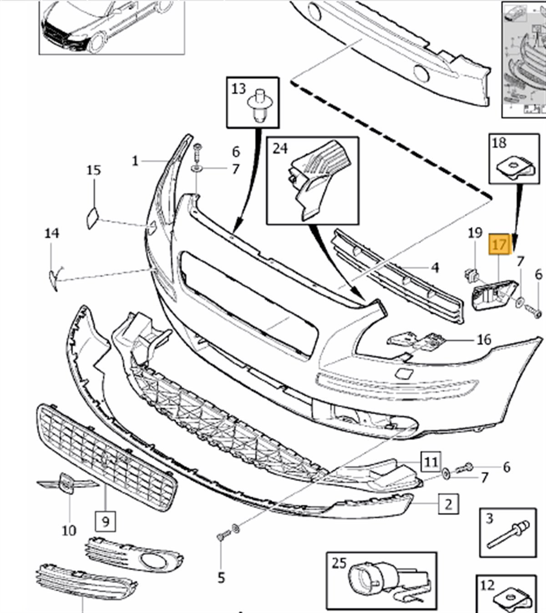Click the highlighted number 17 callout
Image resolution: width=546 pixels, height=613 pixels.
[499, 244]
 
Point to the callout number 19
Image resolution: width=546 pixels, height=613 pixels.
[475, 233]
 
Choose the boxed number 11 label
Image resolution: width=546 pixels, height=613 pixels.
[430, 463]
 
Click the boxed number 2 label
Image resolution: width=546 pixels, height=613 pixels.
[449, 504]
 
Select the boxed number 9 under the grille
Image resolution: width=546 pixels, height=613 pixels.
[106, 521]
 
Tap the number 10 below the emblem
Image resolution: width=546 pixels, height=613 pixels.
[69, 530]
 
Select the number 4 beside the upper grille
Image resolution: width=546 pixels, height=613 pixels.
[435, 267]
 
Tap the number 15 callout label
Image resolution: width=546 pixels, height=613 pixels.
[94, 170]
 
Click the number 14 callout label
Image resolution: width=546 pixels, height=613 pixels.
[52, 234]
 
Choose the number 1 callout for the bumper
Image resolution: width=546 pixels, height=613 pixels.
[135, 161]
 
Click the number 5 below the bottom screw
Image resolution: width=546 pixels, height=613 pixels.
[221, 578]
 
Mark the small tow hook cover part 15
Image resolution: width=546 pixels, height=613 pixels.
[92, 217]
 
